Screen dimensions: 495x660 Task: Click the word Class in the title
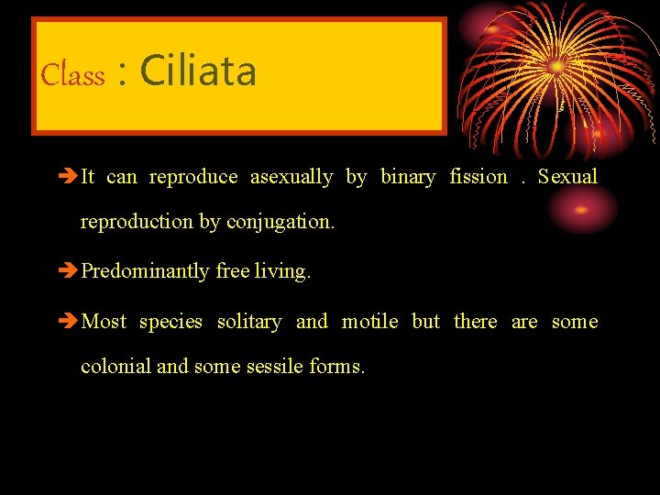(x=73, y=74)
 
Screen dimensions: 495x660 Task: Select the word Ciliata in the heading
(x=198, y=71)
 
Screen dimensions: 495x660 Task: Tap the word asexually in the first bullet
(x=291, y=177)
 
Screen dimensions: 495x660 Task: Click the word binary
(x=408, y=177)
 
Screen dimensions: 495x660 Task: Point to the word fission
(x=478, y=177)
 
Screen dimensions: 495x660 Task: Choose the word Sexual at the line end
(x=567, y=177)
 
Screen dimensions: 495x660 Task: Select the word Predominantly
(x=146, y=271)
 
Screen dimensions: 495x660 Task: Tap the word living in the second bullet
(x=282, y=271)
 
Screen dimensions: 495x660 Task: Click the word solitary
(x=248, y=322)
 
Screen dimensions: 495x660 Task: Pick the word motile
(x=369, y=322)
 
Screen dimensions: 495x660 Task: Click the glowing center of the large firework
(x=556, y=66)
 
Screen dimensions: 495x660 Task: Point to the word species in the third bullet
(x=170, y=322)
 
